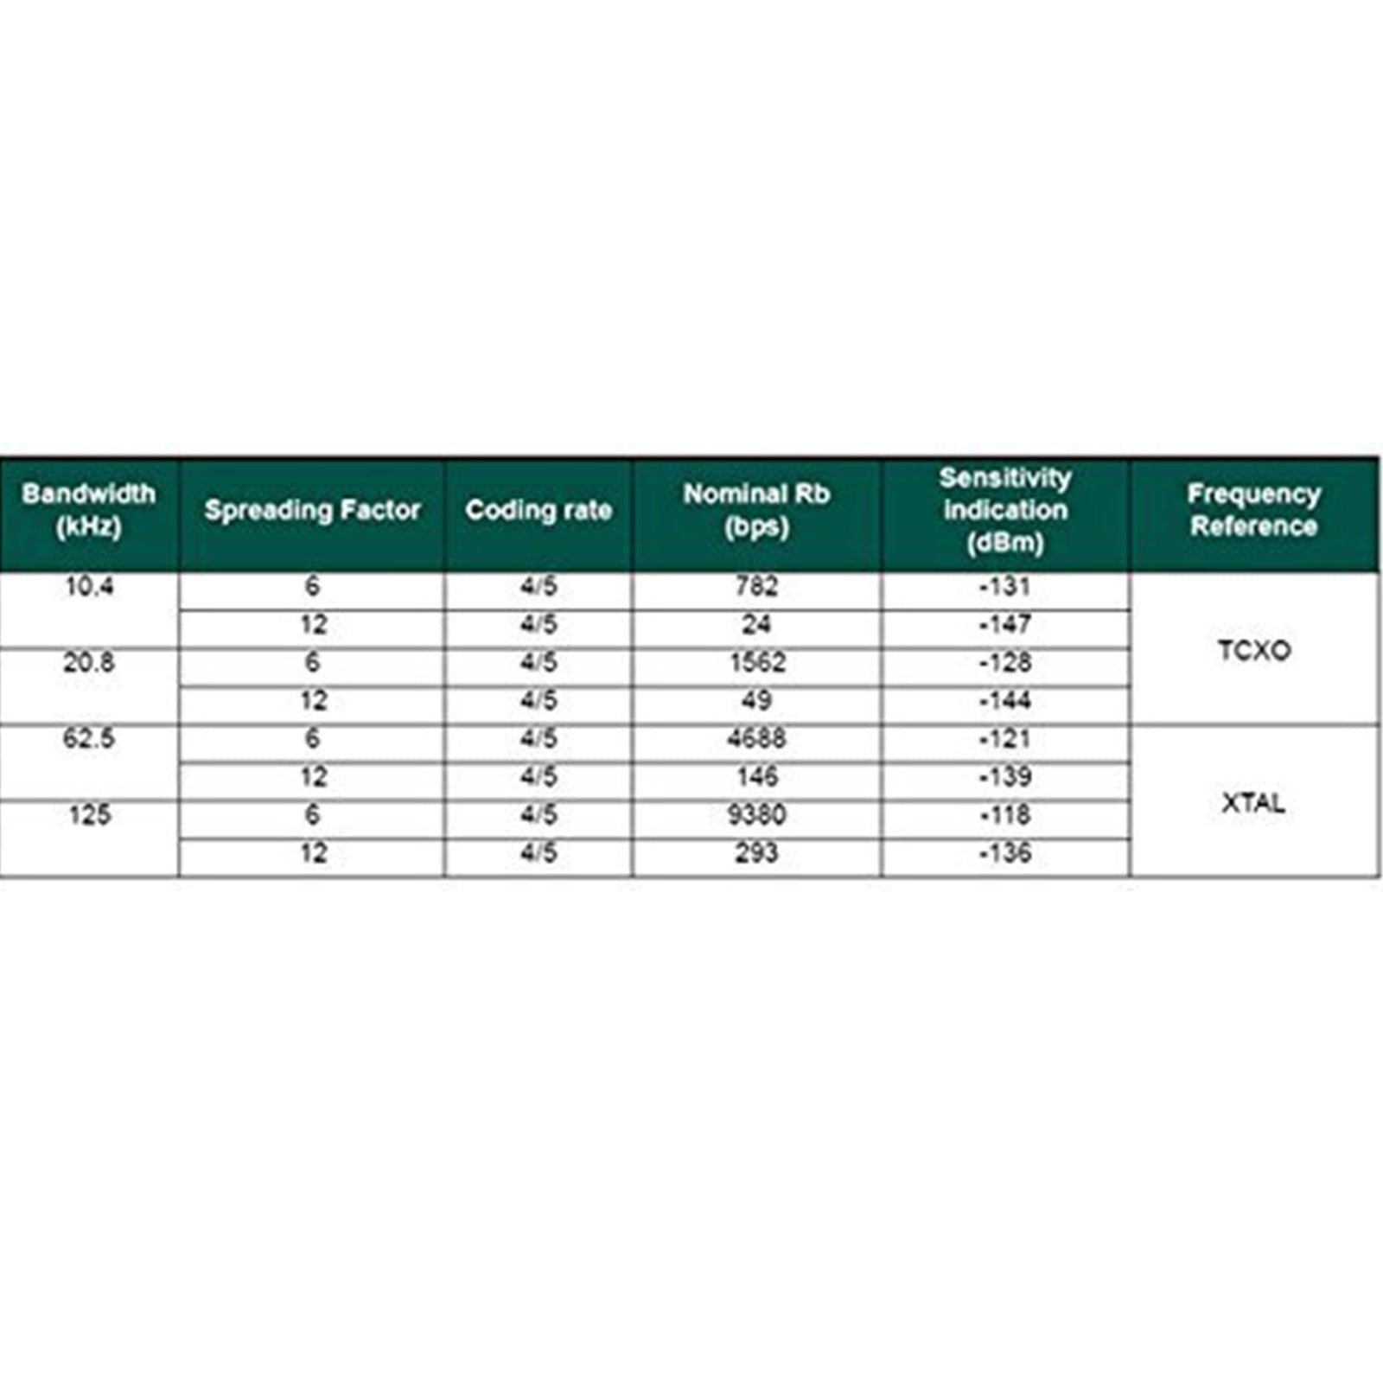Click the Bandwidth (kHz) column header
(88, 510)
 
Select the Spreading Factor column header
(312, 510)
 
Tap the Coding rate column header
(539, 510)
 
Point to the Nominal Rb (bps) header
(756, 510)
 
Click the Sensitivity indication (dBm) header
(1005, 510)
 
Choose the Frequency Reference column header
(1254, 510)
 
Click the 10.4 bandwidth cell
(89, 587)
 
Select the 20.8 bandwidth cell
(89, 663)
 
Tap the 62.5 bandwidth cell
(89, 739)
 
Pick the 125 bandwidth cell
(89, 815)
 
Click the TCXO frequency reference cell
(1254, 650)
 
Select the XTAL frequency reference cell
(1254, 803)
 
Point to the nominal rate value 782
(756, 587)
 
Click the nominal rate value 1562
(756, 663)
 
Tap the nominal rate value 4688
(756, 739)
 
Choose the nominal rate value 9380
(756, 815)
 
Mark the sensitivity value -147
(1005, 625)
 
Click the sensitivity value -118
(1005, 815)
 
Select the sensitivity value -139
(1005, 777)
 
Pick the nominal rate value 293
(756, 853)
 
